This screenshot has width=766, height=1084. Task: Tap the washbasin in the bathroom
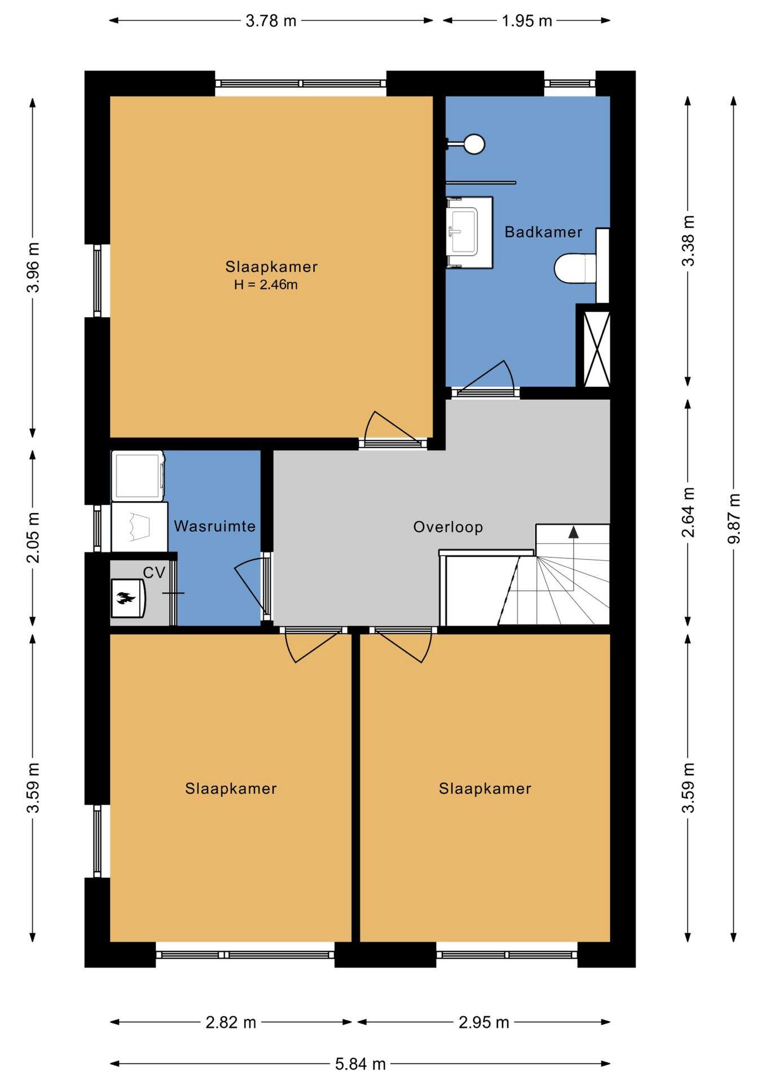pyautogui.click(x=469, y=233)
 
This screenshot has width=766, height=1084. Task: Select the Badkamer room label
pyautogui.click(x=543, y=232)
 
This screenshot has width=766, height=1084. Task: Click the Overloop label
pyautogui.click(x=448, y=527)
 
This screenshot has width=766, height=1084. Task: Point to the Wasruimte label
pyautogui.click(x=214, y=526)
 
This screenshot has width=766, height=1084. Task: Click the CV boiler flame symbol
pyautogui.click(x=125, y=598)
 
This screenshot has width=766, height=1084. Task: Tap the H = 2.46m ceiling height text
pyautogui.click(x=266, y=285)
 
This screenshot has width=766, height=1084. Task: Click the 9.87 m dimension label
pyautogui.click(x=733, y=518)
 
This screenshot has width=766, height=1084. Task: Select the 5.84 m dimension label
pyautogui.click(x=360, y=1064)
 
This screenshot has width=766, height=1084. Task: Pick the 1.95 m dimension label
pyautogui.click(x=527, y=21)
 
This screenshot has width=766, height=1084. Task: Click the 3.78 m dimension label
pyautogui.click(x=271, y=21)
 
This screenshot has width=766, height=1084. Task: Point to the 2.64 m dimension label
pyautogui.click(x=688, y=512)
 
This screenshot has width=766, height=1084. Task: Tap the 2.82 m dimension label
pyautogui.click(x=231, y=1022)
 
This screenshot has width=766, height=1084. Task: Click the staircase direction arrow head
pyautogui.click(x=573, y=532)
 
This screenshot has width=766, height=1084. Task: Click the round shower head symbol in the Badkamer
pyautogui.click(x=474, y=143)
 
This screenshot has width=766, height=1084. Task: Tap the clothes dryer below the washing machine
pyautogui.click(x=139, y=527)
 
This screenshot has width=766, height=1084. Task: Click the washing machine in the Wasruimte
pyautogui.click(x=138, y=476)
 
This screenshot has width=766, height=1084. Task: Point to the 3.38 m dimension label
pyautogui.click(x=688, y=241)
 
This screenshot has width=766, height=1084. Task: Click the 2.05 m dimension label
pyautogui.click(x=33, y=537)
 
